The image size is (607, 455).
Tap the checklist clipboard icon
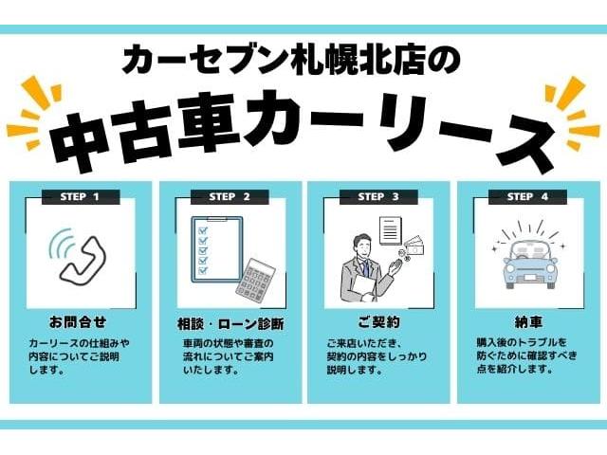click(217, 249)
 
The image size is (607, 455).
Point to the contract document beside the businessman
click(390, 230)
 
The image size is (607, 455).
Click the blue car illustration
click(530, 264)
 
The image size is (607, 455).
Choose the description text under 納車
click(525, 355)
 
